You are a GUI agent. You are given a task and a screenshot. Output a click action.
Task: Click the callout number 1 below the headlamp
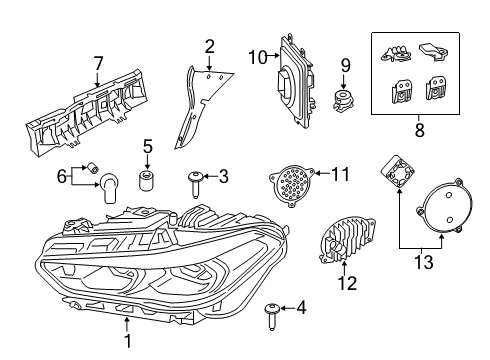pos(127,340)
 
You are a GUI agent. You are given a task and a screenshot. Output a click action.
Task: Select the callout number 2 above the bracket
pos(210,45)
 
